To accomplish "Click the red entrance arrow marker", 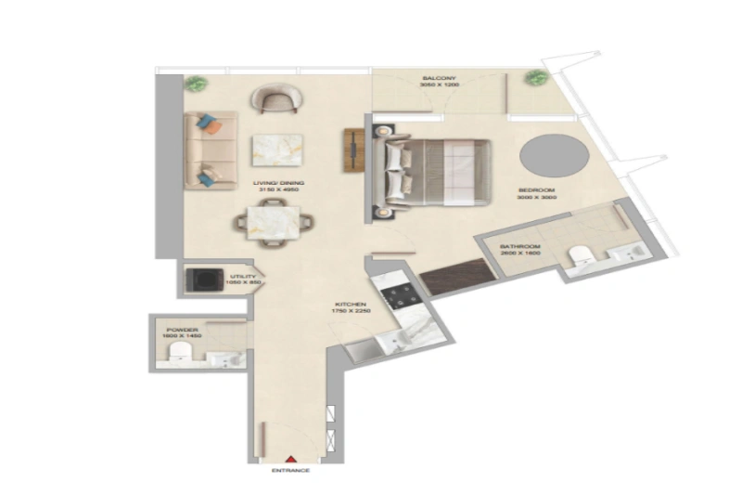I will pos(289,459).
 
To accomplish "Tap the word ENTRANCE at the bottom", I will pos(290,472).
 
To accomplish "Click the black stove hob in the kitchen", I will pos(403,295).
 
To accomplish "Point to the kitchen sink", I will pos(394,341).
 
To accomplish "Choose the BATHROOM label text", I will pos(519,246).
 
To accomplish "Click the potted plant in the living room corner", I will pos(195,84).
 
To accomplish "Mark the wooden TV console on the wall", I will pos(354,150).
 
